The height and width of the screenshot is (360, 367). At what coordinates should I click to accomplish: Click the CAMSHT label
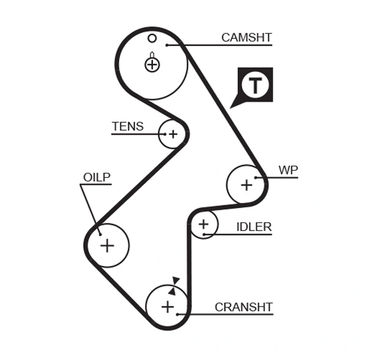pos(246,38)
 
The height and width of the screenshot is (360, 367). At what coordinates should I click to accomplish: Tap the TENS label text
pos(127,127)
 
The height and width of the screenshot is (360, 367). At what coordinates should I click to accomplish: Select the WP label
pos(287,169)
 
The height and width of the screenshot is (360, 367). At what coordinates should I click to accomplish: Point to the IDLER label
pos(253,227)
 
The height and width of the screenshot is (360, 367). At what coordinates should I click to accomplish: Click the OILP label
pos(97,177)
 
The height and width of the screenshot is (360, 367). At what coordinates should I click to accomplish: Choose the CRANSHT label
pos(243,307)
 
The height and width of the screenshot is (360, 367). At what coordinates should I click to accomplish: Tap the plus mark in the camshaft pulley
pos(152,64)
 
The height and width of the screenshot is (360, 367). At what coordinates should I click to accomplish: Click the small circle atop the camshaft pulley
pos(152,38)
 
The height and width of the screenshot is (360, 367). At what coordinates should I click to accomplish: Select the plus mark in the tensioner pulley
pos(172,134)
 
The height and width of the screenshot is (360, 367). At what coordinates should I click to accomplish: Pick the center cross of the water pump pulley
pos(247,184)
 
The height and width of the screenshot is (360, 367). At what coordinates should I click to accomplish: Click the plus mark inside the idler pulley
pos(204,225)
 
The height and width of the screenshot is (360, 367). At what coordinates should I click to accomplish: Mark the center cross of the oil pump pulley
pos(107,246)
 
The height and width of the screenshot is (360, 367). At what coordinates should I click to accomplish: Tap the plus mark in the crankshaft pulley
pos(168,307)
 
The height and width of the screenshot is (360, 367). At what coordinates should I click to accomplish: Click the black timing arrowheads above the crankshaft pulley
pos(174,285)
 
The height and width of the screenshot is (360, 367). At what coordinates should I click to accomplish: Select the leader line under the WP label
pos(281,177)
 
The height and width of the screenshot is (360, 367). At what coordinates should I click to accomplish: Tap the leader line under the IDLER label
pos(245,234)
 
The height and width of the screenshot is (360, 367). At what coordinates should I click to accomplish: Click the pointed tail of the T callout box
pos(234,105)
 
